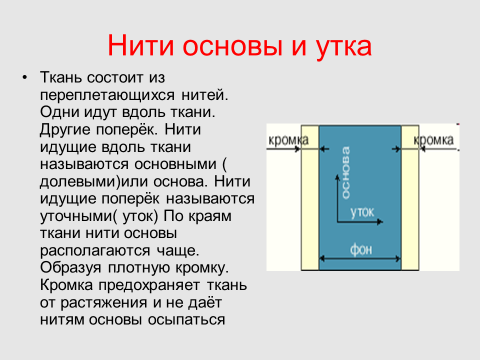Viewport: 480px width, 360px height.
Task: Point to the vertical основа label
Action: pos(345,172)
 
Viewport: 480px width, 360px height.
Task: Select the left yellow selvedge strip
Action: pos(309,200)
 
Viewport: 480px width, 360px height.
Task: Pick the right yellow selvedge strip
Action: pos(408,200)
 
